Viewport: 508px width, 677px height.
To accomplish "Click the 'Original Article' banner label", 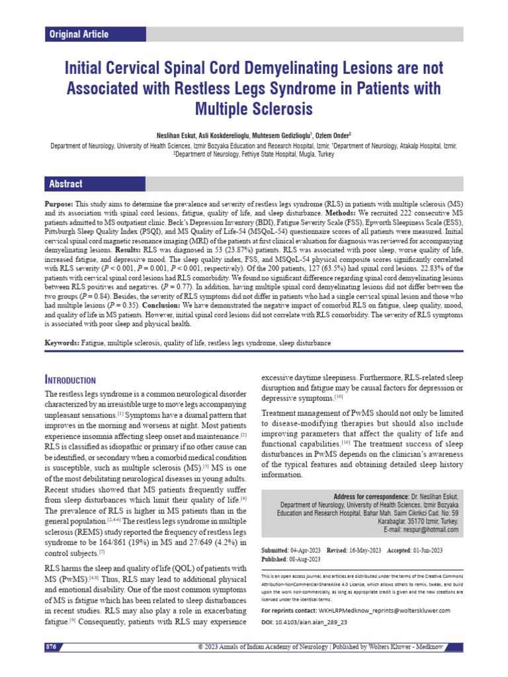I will click(x=79, y=34).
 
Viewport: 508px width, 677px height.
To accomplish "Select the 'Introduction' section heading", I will click(x=70, y=379).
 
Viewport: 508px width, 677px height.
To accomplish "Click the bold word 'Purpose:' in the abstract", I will click(x=63, y=206).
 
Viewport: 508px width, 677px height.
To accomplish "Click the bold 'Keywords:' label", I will click(x=62, y=344).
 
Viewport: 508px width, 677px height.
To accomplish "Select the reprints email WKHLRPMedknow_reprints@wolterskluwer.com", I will click(x=384, y=610).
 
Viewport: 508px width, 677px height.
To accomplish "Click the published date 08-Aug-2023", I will click(x=306, y=559).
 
